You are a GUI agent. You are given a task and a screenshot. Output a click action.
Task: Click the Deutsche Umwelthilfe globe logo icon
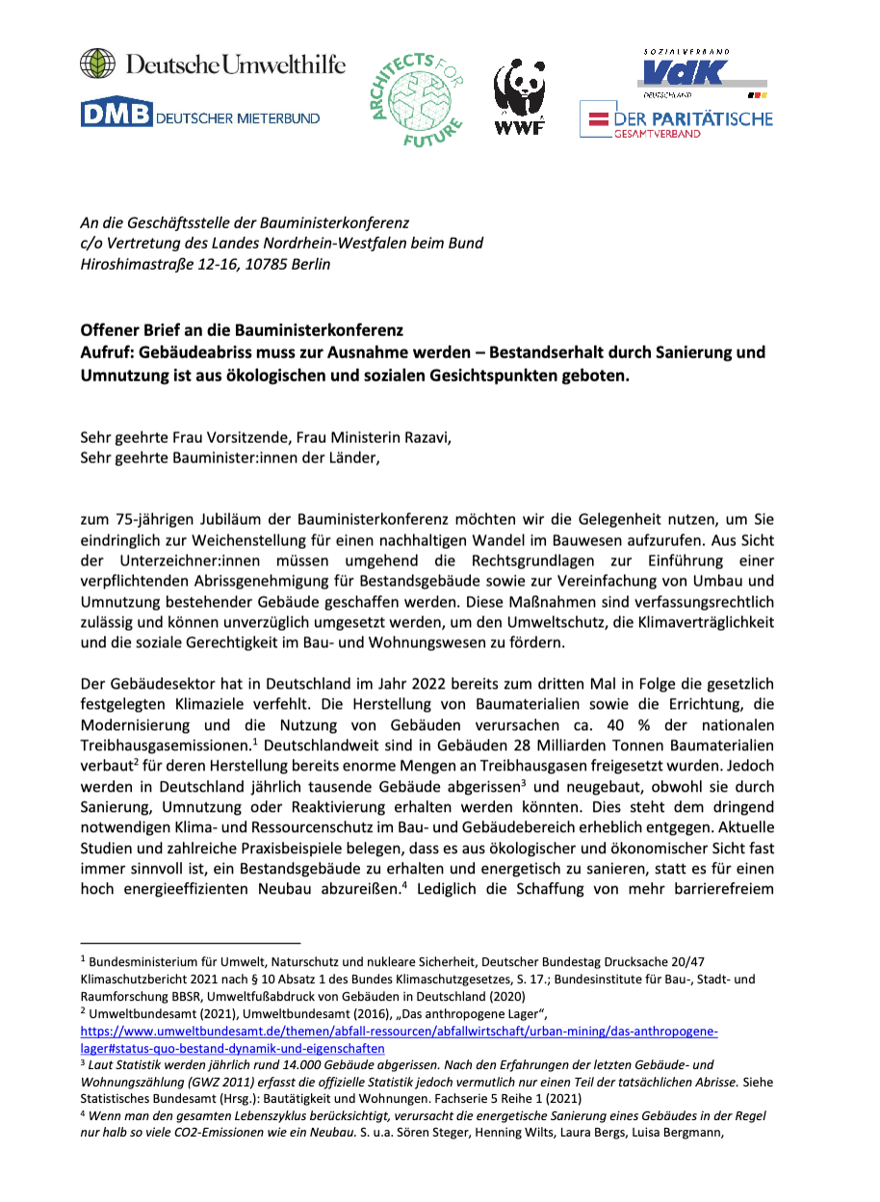(97, 64)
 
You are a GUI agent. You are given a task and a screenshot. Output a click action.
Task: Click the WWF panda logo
(520, 96)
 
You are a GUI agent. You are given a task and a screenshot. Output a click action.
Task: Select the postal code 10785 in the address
(249, 264)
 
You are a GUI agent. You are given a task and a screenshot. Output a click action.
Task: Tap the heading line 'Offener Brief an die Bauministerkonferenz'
(242, 330)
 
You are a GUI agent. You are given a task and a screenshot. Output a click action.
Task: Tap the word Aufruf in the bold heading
(104, 352)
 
